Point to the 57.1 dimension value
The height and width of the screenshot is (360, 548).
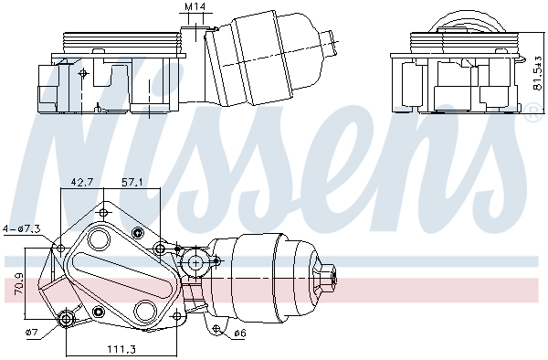point(133,183)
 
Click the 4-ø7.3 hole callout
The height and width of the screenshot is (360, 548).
point(20,229)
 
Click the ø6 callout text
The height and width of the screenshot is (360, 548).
point(239,334)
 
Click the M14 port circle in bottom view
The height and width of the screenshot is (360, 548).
point(194,264)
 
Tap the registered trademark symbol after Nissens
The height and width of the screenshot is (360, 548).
point(532,113)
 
